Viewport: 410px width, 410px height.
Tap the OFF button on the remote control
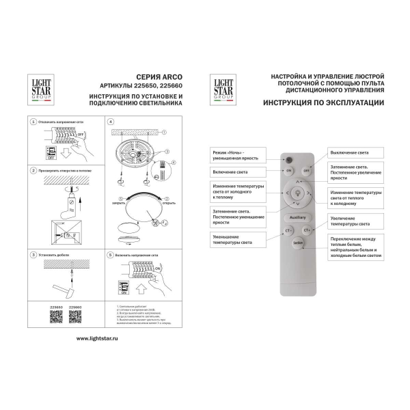click(307, 169)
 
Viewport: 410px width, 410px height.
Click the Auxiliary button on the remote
click(297, 217)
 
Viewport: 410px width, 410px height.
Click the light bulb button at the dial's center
click(297, 194)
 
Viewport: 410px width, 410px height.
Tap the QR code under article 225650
click(57, 316)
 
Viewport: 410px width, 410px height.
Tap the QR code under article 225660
click(75, 316)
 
